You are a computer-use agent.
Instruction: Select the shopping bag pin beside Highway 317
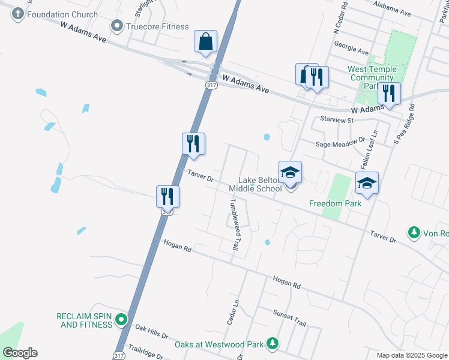coord(205,43)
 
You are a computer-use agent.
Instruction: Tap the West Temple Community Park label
coord(372,77)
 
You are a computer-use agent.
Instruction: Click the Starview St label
coord(339,120)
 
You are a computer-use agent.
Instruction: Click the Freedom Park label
coord(335,203)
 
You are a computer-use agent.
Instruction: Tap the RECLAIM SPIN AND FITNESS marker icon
coord(122,320)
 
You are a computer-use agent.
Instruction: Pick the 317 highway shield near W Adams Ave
coord(210,86)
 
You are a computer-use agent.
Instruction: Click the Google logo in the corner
coord(20,353)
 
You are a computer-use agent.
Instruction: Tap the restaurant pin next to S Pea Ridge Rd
coord(389,93)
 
